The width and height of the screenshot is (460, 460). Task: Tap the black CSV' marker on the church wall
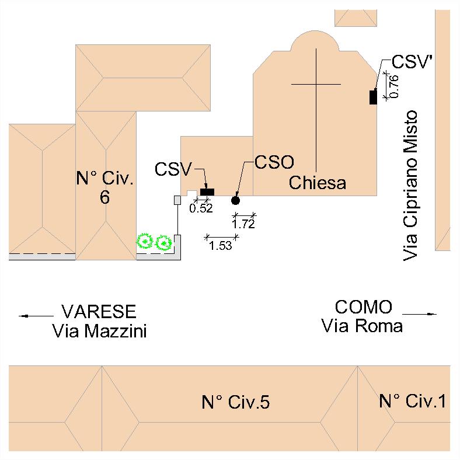[x=372, y=97]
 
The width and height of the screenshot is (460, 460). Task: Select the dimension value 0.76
[x=393, y=86]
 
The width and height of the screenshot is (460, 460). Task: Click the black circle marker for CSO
[x=235, y=200]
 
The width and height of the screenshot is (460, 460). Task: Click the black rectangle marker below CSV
[x=207, y=191]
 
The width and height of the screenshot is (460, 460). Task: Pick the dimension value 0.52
[x=202, y=208]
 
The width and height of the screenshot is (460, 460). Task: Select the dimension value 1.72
[x=243, y=223]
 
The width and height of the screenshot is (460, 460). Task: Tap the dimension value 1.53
[x=221, y=246]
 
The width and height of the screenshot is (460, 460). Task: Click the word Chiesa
[x=318, y=183]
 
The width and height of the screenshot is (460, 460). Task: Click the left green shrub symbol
[x=144, y=241]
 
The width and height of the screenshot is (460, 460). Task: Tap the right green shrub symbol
[x=164, y=241]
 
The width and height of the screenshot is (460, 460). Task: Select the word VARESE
[x=99, y=311]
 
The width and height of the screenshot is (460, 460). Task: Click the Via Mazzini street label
[x=99, y=332]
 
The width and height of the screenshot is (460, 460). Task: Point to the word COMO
[x=363, y=307]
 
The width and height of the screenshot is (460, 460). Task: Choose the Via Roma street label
[x=362, y=326]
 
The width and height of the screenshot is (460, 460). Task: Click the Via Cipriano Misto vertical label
[x=412, y=185]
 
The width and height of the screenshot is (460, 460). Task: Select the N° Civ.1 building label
[x=413, y=401]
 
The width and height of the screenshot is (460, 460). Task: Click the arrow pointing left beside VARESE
[x=36, y=316]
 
